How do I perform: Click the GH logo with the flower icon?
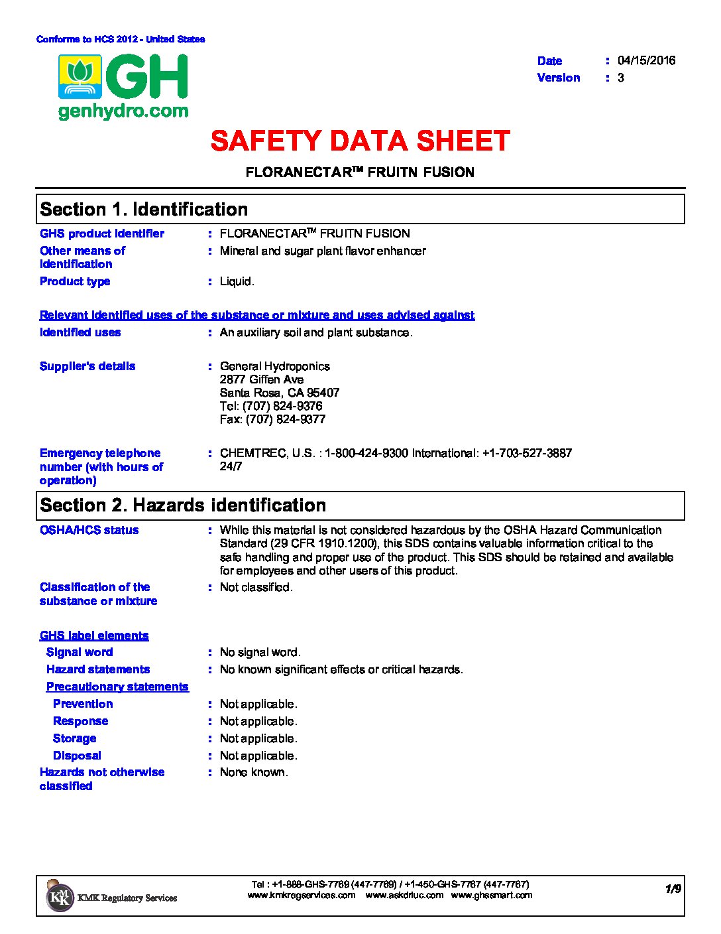tap(123, 86)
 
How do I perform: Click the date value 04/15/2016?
tap(646, 60)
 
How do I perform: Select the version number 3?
tap(621, 78)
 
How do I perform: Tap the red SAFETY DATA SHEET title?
tap(360, 141)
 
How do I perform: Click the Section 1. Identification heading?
tap(144, 210)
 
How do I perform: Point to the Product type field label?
tap(75, 281)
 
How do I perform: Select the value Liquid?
tap(237, 281)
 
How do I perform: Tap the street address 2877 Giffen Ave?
tap(262, 379)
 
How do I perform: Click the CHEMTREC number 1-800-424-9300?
tap(366, 453)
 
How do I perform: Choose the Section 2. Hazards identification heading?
tap(183, 505)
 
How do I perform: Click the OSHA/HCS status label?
tap(89, 530)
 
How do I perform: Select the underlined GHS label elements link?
tap(94, 635)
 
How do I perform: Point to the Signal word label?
tap(80, 652)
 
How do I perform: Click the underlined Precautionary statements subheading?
tap(117, 687)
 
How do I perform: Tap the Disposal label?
tap(77, 756)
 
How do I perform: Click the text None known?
tap(254, 772)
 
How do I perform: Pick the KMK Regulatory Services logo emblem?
tap(60, 897)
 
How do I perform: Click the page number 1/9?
tap(673, 889)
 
